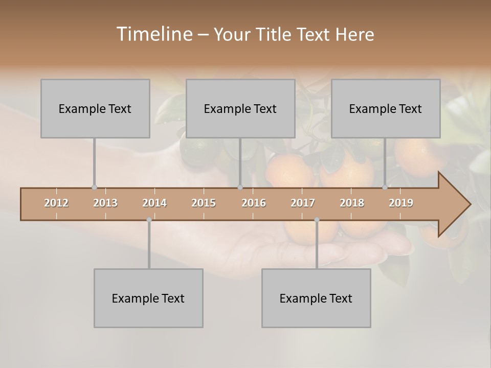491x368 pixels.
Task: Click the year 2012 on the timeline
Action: (56, 203)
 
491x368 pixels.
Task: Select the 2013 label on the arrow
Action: (105, 203)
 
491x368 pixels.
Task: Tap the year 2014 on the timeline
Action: (154, 203)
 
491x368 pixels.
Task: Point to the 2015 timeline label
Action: (204, 203)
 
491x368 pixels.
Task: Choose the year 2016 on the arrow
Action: (254, 203)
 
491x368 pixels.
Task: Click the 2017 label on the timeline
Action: (303, 203)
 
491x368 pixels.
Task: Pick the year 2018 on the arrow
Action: (352, 203)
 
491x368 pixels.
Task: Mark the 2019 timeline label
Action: (401, 203)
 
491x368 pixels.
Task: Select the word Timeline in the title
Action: (153, 34)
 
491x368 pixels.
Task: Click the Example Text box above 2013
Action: (95, 108)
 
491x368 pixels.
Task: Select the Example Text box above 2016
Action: (240, 108)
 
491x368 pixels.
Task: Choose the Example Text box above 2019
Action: (386, 108)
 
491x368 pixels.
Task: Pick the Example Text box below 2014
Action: (148, 298)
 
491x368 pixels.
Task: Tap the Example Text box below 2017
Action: (316, 298)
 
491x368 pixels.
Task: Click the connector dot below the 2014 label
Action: (149, 220)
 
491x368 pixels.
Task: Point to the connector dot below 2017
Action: (317, 220)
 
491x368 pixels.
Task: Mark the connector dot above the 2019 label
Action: (385, 188)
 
